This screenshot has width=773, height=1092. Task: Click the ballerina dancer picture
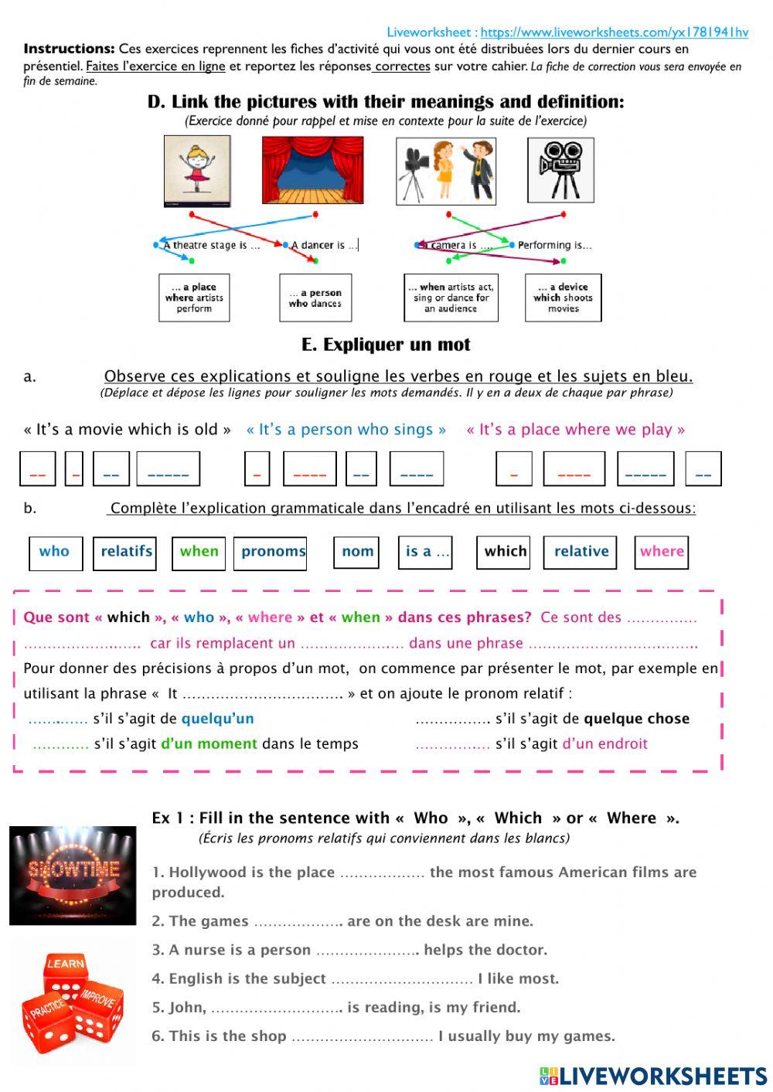[197, 171]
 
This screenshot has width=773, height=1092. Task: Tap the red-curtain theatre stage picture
[312, 171]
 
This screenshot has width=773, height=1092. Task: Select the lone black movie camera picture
[560, 171]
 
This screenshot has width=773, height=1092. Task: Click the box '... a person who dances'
[315, 298]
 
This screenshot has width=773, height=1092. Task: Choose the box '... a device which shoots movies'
[563, 298]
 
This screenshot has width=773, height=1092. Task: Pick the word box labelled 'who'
[55, 552]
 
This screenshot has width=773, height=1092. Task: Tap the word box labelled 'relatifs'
[125, 552]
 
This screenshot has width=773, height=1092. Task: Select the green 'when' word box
[199, 552]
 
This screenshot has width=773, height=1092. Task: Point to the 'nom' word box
[357, 552]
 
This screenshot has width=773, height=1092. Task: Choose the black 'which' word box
[504, 552]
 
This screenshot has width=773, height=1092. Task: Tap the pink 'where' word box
[661, 552]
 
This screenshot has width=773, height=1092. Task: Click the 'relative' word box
[581, 552]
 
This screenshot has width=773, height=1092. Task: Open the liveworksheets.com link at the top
[614, 32]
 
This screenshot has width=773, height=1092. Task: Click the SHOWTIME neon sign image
[73, 875]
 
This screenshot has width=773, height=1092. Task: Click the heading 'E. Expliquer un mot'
[386, 345]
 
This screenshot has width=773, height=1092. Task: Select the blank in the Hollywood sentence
[382, 873]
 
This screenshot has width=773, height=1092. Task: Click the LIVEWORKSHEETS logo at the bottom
[652, 1076]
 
